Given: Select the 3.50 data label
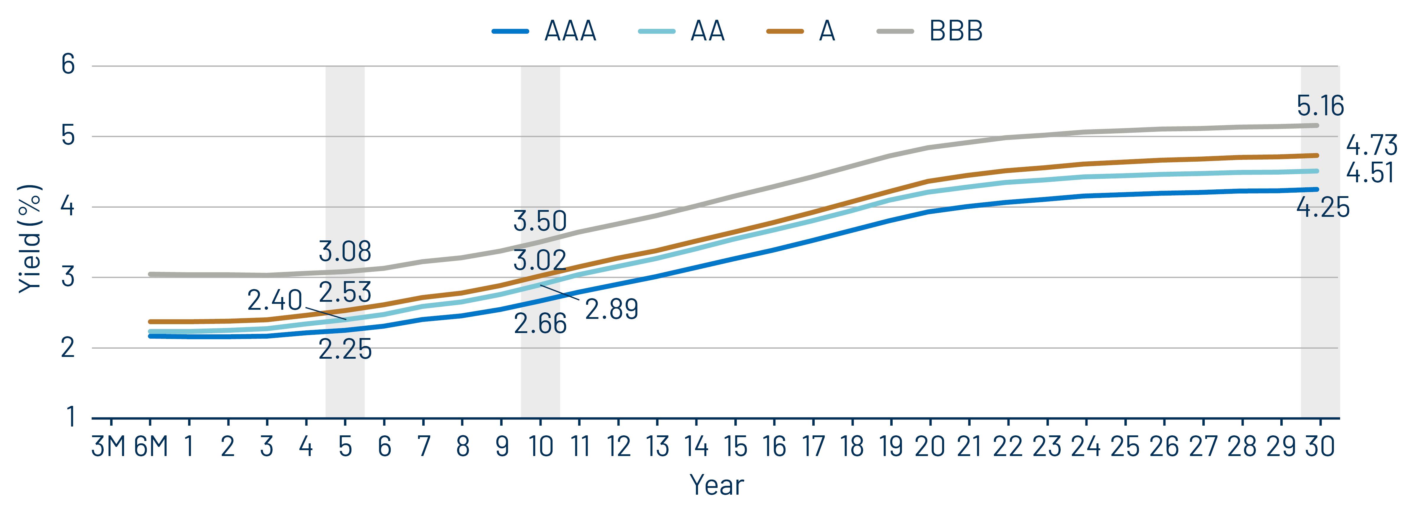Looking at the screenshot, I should [540, 221].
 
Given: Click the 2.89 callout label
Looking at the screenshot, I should [611, 309].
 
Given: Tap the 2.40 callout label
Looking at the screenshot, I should [275, 300].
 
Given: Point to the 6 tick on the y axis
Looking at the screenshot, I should [68, 65].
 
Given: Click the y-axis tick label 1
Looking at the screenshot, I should [70, 417].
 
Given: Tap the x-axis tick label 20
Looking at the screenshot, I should [930, 446].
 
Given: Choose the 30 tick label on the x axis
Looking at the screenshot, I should [1320, 446].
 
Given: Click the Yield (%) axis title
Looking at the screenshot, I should [30, 239].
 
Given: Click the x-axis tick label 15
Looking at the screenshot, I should [735, 446].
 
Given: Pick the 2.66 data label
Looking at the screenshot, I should [540, 324].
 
